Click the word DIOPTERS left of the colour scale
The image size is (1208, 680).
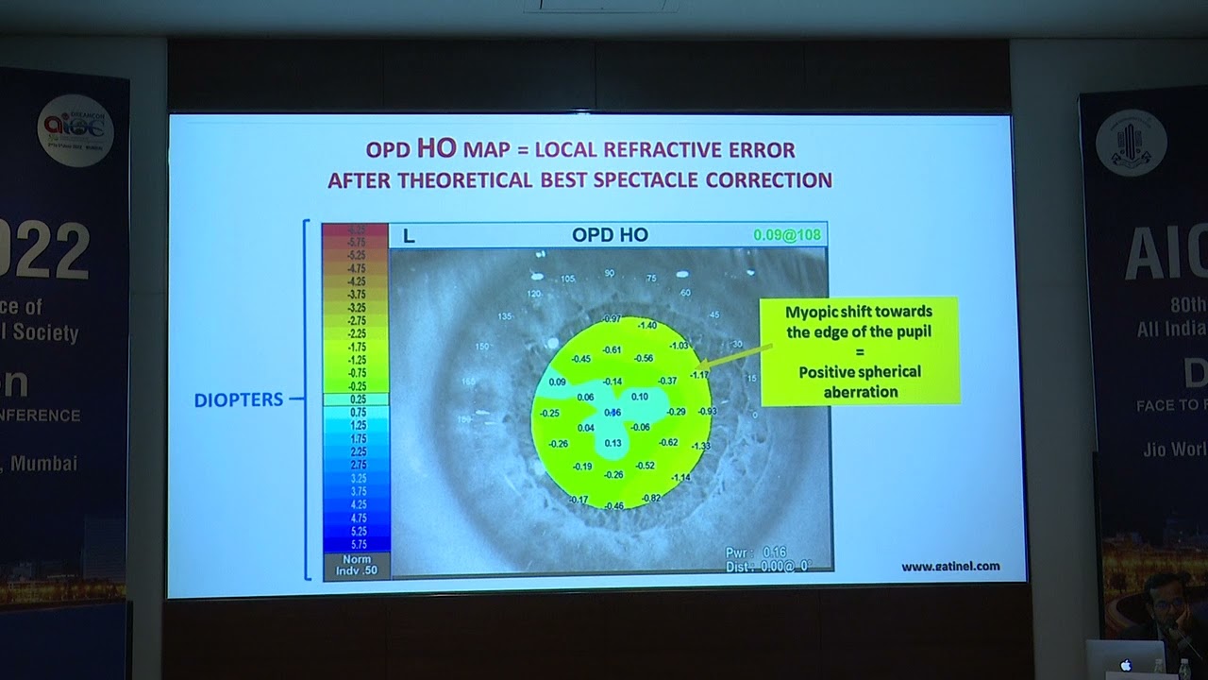coord(238,399)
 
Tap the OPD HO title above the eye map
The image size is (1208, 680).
coord(610,235)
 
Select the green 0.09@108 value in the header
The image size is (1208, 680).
coord(786,235)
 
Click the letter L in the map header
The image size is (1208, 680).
coord(409,236)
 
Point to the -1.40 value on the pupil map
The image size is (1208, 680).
coord(646,325)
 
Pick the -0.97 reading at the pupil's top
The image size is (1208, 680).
coord(611,318)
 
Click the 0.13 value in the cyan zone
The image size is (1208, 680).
coord(612,443)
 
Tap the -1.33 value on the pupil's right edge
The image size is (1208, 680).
coord(700,446)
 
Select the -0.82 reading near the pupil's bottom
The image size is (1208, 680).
coord(650,498)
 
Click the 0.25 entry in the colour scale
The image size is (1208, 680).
coord(356,399)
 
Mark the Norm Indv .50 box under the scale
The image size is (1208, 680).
coord(356,565)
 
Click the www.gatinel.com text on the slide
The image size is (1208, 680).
coord(949,567)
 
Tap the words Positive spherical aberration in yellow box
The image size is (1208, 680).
coord(859,382)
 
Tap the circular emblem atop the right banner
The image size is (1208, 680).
coord(1131,141)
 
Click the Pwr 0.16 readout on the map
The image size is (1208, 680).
coord(755,552)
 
